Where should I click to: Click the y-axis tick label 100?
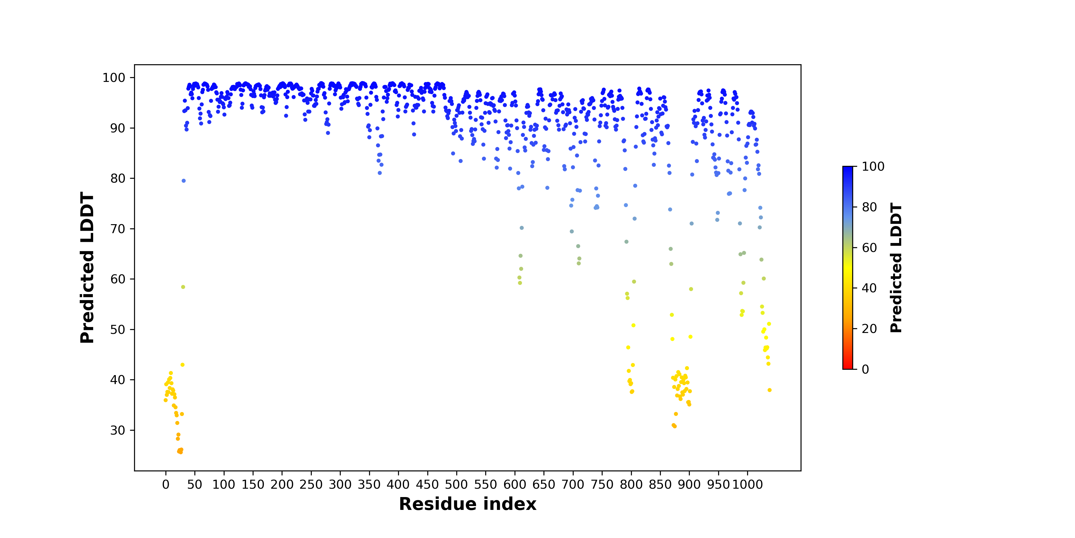click(113, 78)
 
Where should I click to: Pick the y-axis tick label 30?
click(117, 430)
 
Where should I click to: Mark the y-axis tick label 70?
click(117, 229)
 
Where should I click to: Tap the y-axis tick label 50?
click(117, 330)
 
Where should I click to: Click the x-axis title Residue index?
click(467, 504)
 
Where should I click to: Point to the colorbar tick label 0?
click(865, 369)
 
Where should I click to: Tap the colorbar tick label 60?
click(869, 248)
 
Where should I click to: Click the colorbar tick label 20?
click(869, 329)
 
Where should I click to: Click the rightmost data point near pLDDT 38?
click(770, 390)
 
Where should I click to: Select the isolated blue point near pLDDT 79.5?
click(184, 181)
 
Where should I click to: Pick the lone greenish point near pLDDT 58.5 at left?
click(183, 287)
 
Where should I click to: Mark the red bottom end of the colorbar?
click(847, 368)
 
